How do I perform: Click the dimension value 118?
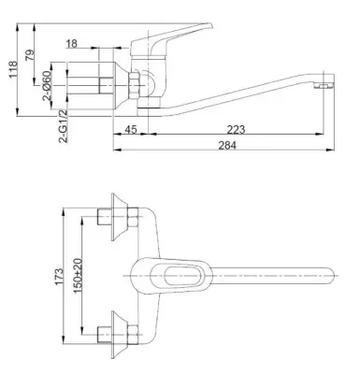(x=13, y=69)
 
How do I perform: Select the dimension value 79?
(x=30, y=55)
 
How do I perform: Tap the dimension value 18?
(x=71, y=43)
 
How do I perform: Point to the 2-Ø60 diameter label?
(x=47, y=85)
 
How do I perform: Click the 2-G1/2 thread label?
(x=63, y=126)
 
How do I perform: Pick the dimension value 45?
(x=131, y=129)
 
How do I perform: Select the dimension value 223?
(x=236, y=129)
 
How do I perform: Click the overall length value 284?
(x=227, y=145)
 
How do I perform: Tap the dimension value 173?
(x=59, y=276)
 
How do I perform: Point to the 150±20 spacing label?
(x=78, y=276)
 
